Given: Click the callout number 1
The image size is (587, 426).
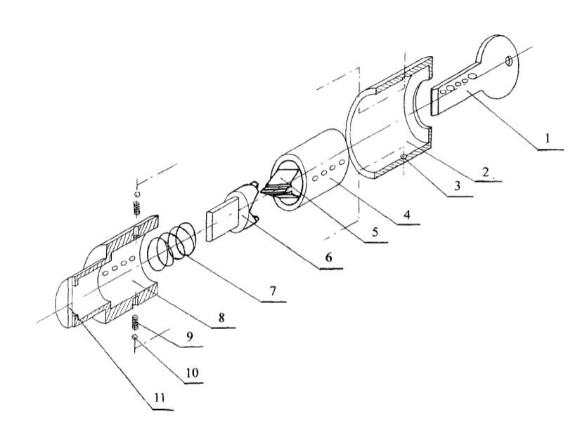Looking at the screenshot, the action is coord(548,139).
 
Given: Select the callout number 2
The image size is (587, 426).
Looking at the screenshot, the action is coord(486,172).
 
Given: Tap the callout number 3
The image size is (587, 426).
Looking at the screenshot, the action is coord(457,186).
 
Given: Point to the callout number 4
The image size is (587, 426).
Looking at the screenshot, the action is coord(406,214).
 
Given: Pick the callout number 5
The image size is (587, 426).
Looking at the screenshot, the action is coord(375,232).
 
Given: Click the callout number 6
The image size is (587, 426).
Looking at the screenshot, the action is coord(328,257).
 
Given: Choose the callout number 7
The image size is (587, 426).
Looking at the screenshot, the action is coord(273,291).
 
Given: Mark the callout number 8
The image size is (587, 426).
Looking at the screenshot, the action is coord(221,317).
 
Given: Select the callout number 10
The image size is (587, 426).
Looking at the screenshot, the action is coord(191,373).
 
